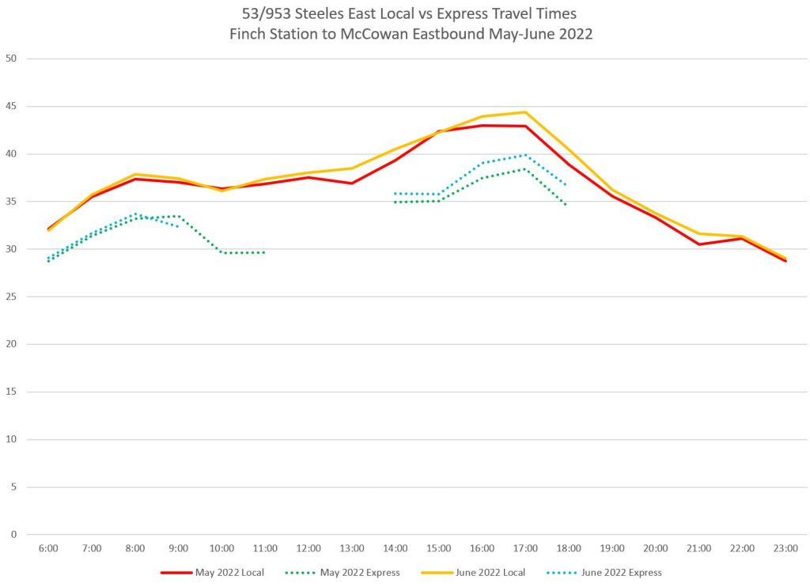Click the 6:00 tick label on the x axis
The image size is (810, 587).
click(48, 547)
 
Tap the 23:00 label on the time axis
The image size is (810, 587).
click(785, 547)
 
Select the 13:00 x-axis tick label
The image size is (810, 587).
click(352, 547)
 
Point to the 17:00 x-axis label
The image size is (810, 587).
click(525, 547)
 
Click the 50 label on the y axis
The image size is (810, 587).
click(11, 59)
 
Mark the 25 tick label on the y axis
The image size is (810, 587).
click(11, 297)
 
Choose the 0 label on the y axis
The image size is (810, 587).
click(13, 534)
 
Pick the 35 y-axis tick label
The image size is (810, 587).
click(11, 202)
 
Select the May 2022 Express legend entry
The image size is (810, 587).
click(360, 572)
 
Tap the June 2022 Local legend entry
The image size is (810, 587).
click(490, 572)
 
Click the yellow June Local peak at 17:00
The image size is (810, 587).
click(525, 112)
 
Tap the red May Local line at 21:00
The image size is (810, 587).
click(699, 244)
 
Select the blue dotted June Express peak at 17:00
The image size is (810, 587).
click(525, 155)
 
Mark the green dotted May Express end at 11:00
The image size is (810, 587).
click(264, 252)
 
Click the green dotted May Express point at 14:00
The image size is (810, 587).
click(396, 202)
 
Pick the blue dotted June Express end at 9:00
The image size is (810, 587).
click(178, 226)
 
